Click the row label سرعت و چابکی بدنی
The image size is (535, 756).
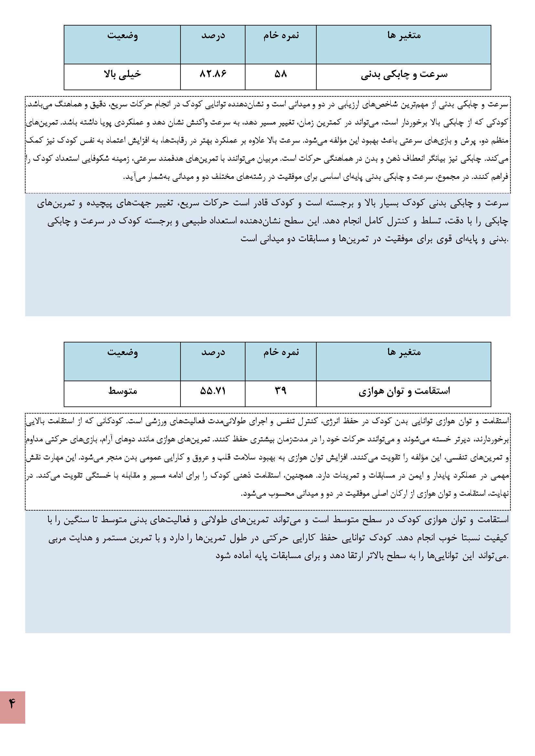click(x=404, y=75)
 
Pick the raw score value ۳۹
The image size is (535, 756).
click(x=281, y=391)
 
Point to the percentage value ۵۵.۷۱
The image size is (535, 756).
click(x=213, y=391)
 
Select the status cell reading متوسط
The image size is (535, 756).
click(x=123, y=391)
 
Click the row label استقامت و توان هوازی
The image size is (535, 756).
click(x=404, y=392)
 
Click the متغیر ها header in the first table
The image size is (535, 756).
click(x=404, y=36)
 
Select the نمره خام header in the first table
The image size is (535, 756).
click(x=281, y=36)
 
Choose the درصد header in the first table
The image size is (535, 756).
click(x=213, y=36)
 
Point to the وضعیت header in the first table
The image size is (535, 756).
click(x=123, y=36)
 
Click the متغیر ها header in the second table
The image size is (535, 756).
click(x=404, y=352)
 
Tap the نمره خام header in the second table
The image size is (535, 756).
click(x=281, y=352)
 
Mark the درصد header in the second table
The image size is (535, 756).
click(x=213, y=352)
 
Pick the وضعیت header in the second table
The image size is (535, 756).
click(x=123, y=352)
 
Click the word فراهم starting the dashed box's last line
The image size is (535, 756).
click(x=500, y=177)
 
